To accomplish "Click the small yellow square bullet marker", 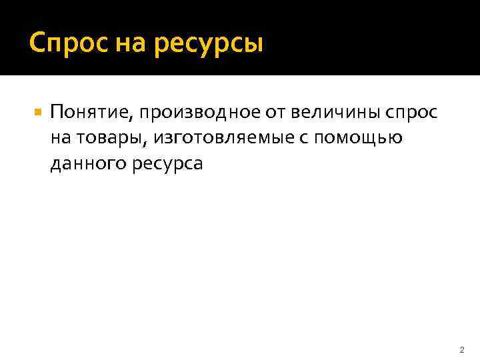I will click(x=37, y=113).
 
